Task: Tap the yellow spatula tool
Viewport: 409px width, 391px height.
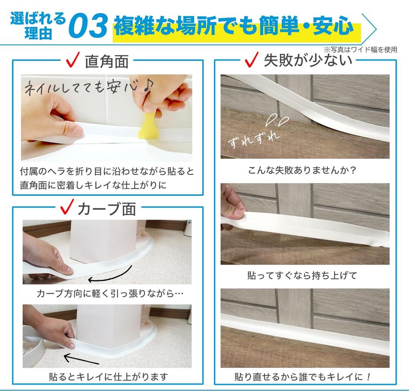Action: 147,125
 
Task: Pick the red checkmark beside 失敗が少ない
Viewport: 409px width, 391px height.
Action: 252,60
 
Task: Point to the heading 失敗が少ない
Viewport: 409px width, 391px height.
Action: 308,60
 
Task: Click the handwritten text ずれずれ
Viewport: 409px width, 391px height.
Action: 254,137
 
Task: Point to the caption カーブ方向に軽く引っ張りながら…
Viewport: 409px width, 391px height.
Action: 110,294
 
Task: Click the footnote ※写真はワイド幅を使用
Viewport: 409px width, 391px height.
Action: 360,49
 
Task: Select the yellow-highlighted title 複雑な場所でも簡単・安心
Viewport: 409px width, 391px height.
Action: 234,27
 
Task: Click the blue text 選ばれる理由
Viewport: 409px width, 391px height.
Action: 38,26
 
